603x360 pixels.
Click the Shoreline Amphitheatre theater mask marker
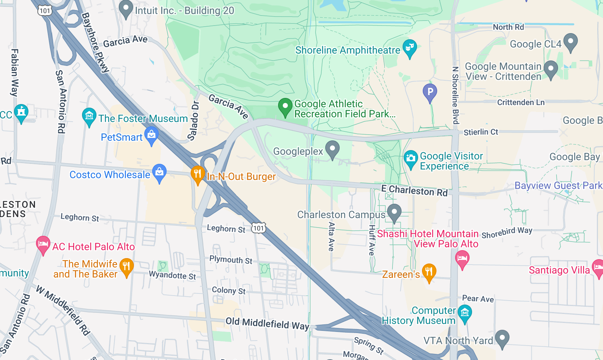[410, 48]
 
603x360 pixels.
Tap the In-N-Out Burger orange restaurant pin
[198, 174]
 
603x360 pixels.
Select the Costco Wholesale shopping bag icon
[159, 172]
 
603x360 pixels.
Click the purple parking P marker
[430, 92]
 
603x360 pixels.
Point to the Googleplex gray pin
[332, 149]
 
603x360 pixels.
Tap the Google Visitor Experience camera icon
[411, 158]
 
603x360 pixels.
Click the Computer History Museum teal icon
[465, 313]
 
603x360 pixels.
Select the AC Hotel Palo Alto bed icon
[43, 244]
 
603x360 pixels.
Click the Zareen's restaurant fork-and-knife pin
[429, 272]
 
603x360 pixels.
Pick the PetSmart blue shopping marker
[151, 135]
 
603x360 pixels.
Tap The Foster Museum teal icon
[89, 116]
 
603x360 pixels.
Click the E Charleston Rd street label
[414, 190]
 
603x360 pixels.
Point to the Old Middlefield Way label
[267, 323]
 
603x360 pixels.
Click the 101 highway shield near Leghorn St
[258, 228]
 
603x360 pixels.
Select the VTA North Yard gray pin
[502, 338]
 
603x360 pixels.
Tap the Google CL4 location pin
[570, 42]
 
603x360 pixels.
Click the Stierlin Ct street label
[481, 132]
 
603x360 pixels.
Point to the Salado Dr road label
[194, 121]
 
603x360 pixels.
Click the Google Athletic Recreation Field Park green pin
[285, 107]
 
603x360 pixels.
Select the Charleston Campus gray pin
[394, 212]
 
